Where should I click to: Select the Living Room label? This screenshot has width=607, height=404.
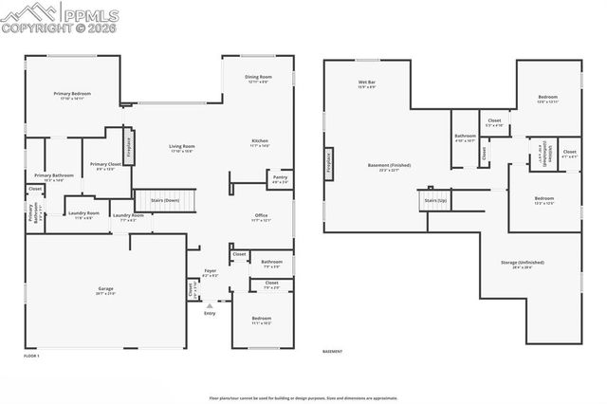point(181,147)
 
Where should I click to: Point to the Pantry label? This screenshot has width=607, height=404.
point(280,177)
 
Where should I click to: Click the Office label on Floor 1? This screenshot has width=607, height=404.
point(261,217)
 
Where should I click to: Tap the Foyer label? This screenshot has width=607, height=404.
point(211,272)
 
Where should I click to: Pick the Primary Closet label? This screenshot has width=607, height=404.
point(104,166)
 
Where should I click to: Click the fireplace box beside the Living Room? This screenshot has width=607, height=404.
point(128,149)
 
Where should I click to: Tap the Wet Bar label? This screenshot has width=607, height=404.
point(367,84)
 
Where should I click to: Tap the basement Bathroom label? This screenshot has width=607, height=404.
point(465,138)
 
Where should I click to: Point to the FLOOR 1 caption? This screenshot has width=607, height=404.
point(32,355)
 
